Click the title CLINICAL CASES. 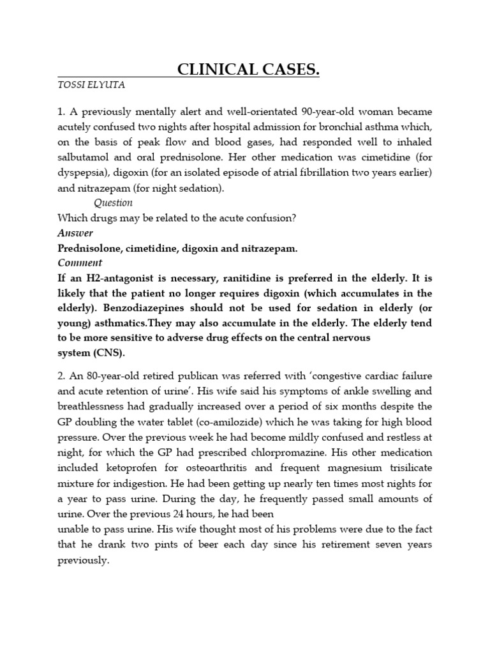point(248,70)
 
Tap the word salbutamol point(85,157)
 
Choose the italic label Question point(113,202)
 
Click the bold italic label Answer point(75,233)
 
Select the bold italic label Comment point(80,263)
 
